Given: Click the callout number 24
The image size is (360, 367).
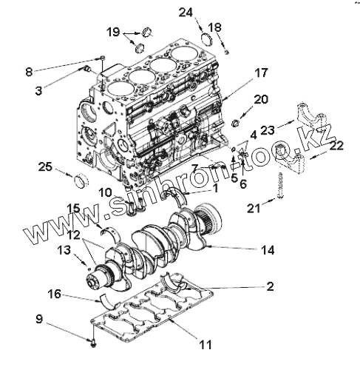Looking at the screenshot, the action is pyautogui.click(x=186, y=13).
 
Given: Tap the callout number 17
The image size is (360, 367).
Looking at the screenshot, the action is pyautogui.click(x=261, y=73).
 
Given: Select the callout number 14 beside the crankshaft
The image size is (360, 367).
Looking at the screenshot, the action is pyautogui.click(x=268, y=250).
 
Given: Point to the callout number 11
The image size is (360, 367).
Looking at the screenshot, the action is pyautogui.click(x=206, y=345).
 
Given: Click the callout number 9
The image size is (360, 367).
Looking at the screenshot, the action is pyautogui.click(x=39, y=319).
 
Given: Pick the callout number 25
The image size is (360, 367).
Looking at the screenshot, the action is pyautogui.click(x=45, y=166).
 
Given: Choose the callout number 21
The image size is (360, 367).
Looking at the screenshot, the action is pyautogui.click(x=254, y=209).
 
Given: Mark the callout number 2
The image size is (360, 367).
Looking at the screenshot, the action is pyautogui.click(x=271, y=286).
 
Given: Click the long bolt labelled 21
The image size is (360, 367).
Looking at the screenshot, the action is pyautogui.click(x=280, y=186).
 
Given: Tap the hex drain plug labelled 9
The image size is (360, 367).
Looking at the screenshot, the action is pyautogui.click(x=93, y=343).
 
